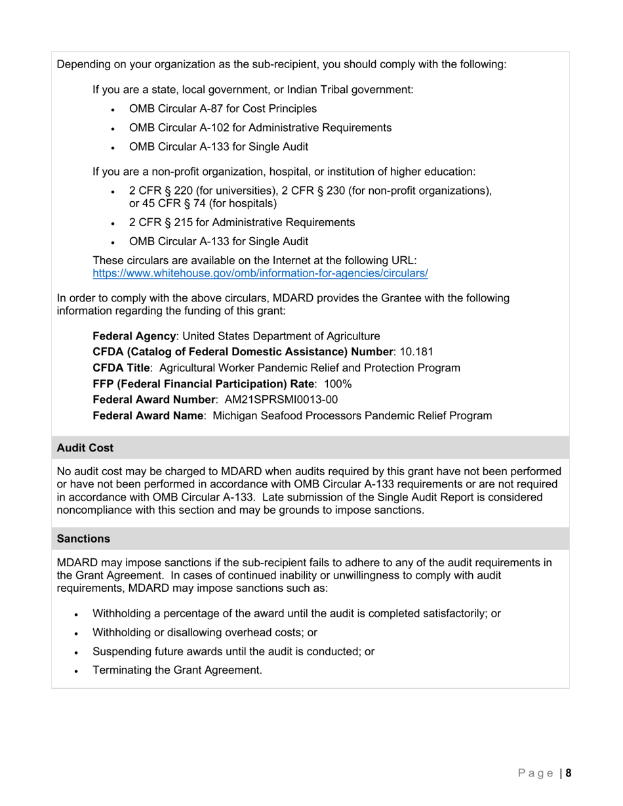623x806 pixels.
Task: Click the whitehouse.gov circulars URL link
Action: (260, 273)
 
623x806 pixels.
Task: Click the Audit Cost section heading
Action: (85, 448)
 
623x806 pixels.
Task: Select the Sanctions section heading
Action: (83, 538)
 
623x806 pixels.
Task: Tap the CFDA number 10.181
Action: (416, 352)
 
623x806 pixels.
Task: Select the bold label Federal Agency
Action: (134, 336)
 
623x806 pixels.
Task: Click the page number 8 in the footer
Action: (569, 773)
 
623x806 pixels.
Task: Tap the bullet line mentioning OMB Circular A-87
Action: (223, 109)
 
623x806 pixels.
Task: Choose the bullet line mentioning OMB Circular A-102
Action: (260, 128)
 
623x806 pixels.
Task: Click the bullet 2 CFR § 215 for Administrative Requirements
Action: (242, 222)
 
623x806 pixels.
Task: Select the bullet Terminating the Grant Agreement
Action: (177, 670)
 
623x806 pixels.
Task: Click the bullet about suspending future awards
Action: (233, 651)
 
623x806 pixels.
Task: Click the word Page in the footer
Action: (535, 773)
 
